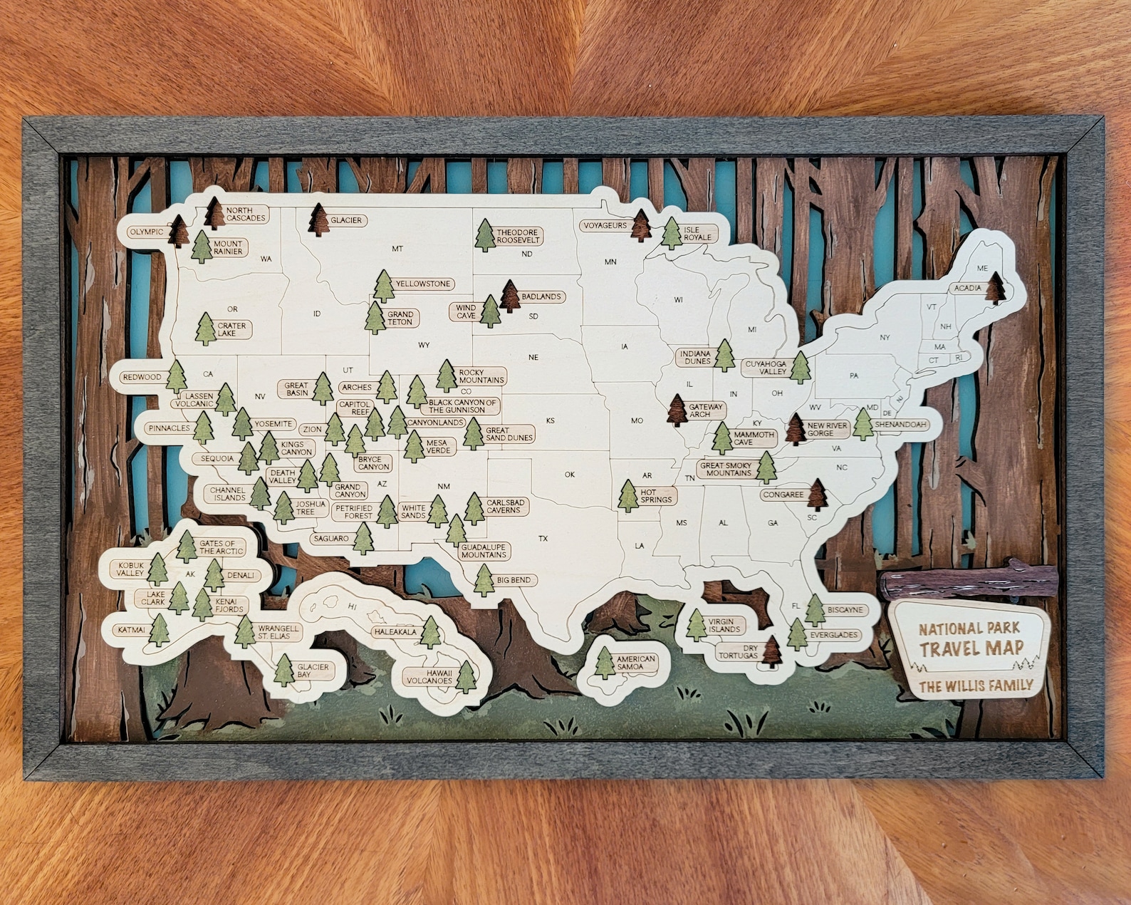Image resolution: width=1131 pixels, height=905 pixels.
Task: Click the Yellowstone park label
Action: click(423, 284)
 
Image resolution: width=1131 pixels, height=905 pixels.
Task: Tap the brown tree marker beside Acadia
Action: click(997, 286)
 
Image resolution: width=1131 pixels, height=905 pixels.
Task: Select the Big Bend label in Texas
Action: click(514, 580)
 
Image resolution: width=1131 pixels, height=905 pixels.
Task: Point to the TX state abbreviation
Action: click(543, 539)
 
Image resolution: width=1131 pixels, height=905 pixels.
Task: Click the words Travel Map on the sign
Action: click(971, 648)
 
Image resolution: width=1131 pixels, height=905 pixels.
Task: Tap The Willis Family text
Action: click(975, 686)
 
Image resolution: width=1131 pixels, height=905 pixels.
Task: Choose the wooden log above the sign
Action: click(969, 581)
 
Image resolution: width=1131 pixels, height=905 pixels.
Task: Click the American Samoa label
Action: click(635, 663)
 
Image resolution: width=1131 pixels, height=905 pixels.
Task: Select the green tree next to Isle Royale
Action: click(672, 233)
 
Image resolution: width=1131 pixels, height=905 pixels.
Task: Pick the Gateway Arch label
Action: click(705, 410)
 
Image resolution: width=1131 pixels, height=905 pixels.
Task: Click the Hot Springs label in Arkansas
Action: click(655, 496)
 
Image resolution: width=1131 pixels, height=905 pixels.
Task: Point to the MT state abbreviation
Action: click(397, 249)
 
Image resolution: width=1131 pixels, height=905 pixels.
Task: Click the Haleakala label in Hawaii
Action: click(395, 631)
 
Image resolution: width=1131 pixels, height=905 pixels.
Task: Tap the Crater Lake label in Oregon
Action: click(231, 329)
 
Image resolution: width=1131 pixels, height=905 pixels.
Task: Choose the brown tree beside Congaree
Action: click(818, 494)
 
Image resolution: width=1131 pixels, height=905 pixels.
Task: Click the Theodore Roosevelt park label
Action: click(518, 237)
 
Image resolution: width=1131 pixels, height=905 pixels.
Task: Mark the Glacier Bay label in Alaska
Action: click(313, 671)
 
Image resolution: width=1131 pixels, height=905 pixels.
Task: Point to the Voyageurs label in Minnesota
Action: click(605, 225)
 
